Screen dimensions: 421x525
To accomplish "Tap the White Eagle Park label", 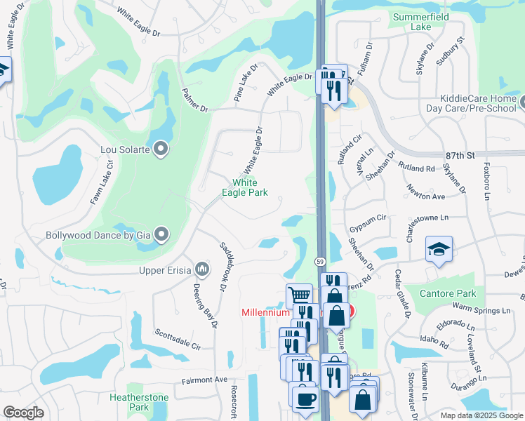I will pos(245,187).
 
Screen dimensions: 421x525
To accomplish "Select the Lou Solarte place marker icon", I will pos(161,148).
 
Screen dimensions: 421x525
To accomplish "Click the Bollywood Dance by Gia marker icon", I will pos(161,235).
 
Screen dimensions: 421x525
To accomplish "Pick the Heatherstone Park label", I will pos(139,402).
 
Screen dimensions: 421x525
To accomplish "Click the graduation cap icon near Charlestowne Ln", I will pos(439,249).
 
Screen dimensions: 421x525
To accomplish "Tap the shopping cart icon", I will pos(299,295).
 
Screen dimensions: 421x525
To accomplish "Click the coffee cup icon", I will pos(305,398).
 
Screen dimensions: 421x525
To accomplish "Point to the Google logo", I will pos(24,413).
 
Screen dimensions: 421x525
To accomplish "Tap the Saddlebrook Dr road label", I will pos(225,266).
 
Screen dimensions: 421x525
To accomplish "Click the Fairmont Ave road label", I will pos(205,380).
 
